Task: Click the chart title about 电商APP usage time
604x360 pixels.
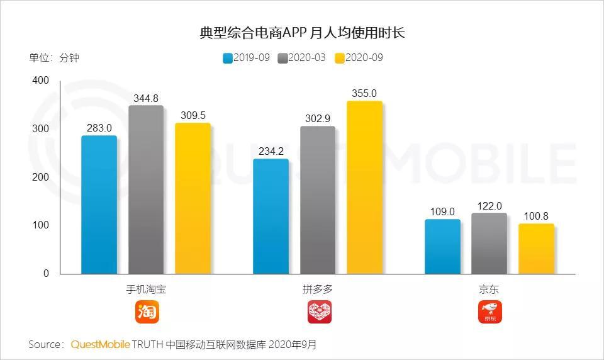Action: (x=301, y=33)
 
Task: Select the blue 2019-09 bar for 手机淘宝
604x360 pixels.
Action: (x=99, y=205)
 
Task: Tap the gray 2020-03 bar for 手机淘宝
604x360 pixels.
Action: (x=146, y=189)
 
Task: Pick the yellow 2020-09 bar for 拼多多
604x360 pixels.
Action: (x=364, y=187)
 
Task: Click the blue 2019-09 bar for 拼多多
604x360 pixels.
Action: (x=271, y=216)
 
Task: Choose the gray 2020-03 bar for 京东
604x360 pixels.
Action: (x=489, y=244)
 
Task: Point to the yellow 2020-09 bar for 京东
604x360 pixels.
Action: (x=536, y=249)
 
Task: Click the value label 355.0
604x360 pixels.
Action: (x=364, y=93)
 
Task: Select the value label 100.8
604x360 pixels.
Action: (x=536, y=216)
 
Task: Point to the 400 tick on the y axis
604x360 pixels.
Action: (x=40, y=81)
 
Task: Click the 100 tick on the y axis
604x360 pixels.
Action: (x=40, y=225)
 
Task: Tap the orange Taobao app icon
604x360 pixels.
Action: (x=147, y=312)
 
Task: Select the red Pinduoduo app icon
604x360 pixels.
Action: (x=319, y=312)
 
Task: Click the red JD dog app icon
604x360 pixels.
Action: (x=490, y=312)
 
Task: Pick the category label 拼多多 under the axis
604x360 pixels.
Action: (x=318, y=290)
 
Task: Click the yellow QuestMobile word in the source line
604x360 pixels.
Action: (x=100, y=344)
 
